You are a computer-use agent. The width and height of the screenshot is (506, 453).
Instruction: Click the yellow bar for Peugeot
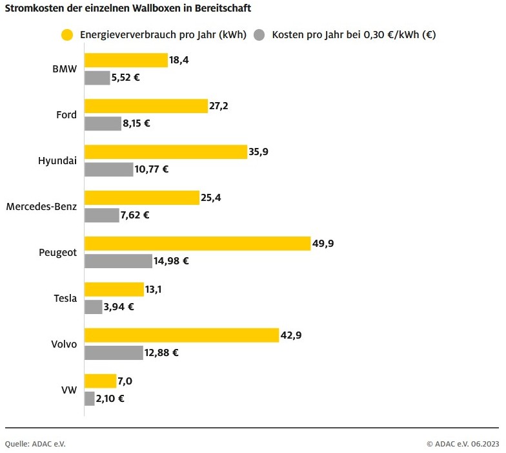197,244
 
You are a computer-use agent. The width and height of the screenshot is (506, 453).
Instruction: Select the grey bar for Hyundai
108,169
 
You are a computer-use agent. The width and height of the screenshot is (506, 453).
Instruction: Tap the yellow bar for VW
100,381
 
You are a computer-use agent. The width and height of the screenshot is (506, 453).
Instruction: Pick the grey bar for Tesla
94,307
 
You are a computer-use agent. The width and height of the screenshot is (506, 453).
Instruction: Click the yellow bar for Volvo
181,335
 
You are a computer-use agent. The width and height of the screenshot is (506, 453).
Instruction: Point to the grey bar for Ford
103,123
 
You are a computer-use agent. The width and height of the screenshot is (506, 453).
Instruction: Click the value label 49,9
323,244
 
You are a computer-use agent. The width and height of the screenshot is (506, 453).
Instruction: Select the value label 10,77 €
152,169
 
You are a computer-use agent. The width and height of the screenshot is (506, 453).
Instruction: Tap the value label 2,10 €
110,399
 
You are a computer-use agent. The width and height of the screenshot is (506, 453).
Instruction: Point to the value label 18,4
179,60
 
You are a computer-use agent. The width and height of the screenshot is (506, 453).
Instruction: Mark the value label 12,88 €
161,353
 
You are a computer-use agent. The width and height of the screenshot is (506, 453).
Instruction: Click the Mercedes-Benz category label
41,207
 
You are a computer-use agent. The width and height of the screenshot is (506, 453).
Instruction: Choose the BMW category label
65,69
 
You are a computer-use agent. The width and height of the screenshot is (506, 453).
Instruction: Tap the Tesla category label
65,299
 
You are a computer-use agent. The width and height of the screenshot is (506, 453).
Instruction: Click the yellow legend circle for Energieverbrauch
66,35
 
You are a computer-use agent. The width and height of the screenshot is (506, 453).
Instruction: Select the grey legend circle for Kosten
260,35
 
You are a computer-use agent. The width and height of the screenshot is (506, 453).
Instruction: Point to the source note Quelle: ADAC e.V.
35,443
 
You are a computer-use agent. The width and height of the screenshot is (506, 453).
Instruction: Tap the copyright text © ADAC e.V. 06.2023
462,443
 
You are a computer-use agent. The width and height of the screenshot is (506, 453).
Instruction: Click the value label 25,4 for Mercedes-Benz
211,198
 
